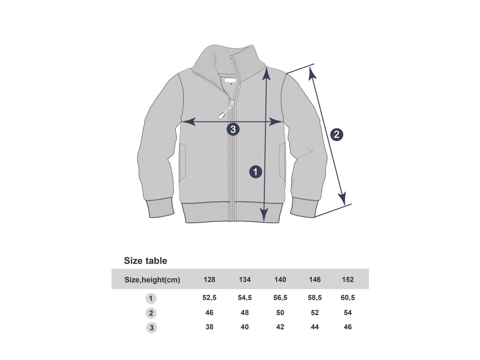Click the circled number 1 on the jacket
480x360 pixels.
coord(255,172)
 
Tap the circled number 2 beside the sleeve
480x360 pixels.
coord(337,135)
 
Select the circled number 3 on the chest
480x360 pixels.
coord(233,129)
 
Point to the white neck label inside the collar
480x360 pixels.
coord(229,80)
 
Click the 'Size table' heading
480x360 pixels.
coord(145,261)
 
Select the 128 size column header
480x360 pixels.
coord(210,280)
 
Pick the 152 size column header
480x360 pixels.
coord(348,280)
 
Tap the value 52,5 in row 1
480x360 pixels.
coord(210,298)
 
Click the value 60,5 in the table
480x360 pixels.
coord(348,298)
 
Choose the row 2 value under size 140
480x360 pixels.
coord(280,313)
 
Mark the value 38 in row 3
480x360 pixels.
coord(210,327)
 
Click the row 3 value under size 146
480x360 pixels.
coord(315,327)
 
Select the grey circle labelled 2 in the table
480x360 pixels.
coord(151,313)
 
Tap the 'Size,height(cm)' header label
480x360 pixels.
coord(152,280)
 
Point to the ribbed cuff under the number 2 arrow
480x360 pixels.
coord(305,207)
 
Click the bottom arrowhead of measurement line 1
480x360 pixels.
coord(264,215)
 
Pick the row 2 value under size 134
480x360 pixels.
coord(245,313)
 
